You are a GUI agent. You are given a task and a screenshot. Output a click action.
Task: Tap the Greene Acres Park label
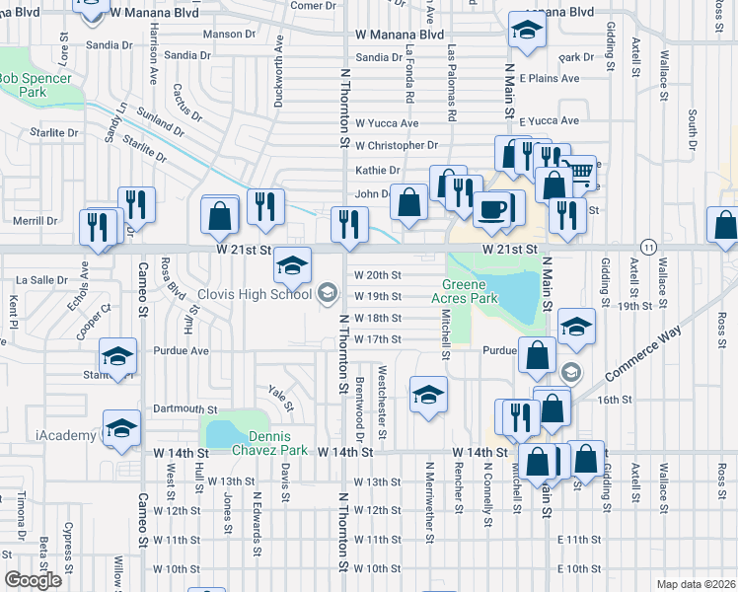(x=470, y=292)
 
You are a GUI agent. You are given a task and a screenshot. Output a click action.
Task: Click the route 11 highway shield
(x=647, y=246)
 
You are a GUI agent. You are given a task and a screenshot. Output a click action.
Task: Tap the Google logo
(x=33, y=580)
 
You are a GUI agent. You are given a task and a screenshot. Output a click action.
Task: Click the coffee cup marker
(x=490, y=211)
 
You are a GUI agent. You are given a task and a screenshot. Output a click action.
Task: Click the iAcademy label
(x=67, y=435)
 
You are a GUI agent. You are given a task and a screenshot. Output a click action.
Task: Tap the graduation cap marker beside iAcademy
(x=121, y=428)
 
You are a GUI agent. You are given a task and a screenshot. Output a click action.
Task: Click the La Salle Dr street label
(x=41, y=280)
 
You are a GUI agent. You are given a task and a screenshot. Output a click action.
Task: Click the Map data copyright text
(x=696, y=584)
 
